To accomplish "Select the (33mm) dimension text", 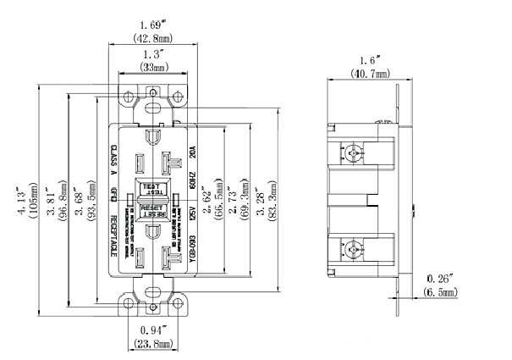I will pos(152,67).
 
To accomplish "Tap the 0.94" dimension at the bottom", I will pos(153,330).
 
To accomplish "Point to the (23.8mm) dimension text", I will pos(153,343).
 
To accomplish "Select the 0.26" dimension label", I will pos(440,279).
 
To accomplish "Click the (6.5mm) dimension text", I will pos(440,292).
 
